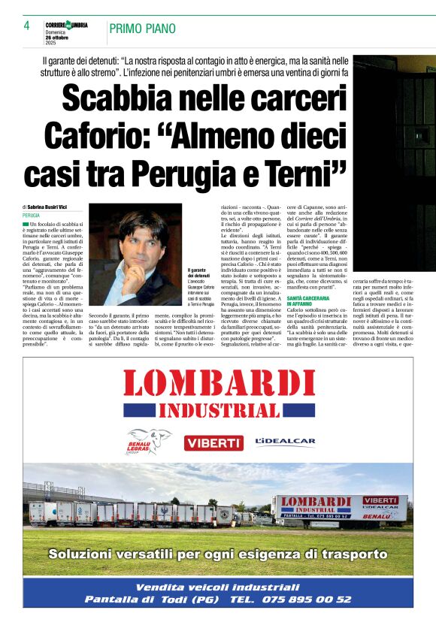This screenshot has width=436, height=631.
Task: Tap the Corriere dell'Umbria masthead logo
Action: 66,25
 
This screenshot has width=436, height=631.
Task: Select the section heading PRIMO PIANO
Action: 143,29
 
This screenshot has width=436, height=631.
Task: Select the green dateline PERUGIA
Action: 32,215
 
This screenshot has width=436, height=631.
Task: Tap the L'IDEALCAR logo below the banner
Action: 285,442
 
